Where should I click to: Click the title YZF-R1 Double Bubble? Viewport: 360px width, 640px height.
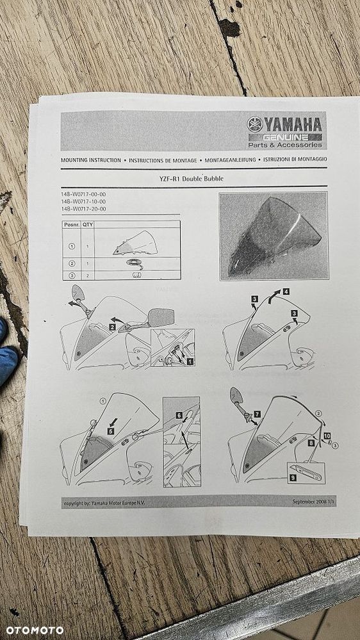pos(193,179)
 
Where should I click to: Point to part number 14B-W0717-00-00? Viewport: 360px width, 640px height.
pos(83,194)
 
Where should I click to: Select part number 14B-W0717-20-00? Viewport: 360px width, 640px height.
pos(83,209)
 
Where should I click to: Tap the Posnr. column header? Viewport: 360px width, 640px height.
pos(70,225)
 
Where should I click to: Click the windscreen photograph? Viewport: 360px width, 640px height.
pos(273,236)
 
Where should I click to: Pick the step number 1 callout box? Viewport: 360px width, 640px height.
pos(190,362)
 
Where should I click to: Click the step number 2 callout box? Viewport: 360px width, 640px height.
pos(111,327)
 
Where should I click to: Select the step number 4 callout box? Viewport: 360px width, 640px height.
pos(286,291)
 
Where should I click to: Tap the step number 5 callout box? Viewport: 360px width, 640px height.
pos(110,431)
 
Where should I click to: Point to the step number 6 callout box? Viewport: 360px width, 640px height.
pos(179,415)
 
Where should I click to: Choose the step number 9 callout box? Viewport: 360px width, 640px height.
pos(293,477)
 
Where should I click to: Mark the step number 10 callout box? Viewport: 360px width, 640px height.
pos(327,436)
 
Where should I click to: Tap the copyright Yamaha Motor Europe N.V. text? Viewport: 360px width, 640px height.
pos(104,504)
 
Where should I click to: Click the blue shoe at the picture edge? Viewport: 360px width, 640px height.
pos(6,362)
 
